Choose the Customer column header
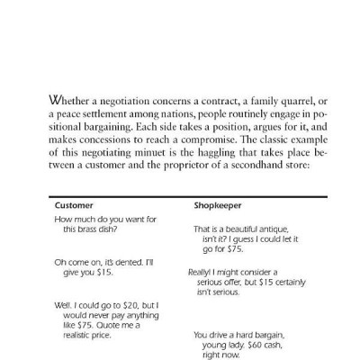pyautogui.click(x=75, y=205)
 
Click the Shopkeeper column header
pyautogui.click(x=216, y=205)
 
